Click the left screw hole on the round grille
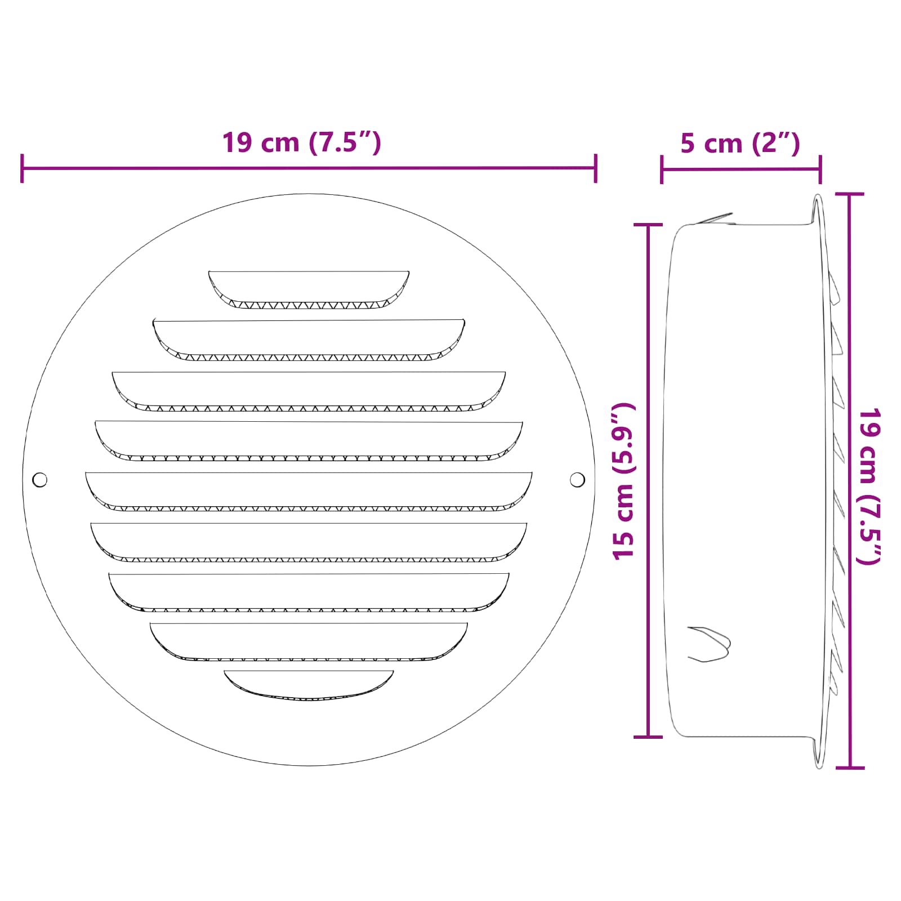point(40,480)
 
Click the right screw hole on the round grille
point(577,480)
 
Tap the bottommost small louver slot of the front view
point(309,685)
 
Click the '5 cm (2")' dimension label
point(740,144)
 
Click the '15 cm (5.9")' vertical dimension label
point(624,480)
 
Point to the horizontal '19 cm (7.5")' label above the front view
point(301,142)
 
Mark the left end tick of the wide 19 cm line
point(22,168)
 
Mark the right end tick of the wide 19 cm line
point(595,168)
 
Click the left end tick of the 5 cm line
point(662,169)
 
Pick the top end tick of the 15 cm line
point(648,225)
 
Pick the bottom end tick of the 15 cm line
point(648,736)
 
